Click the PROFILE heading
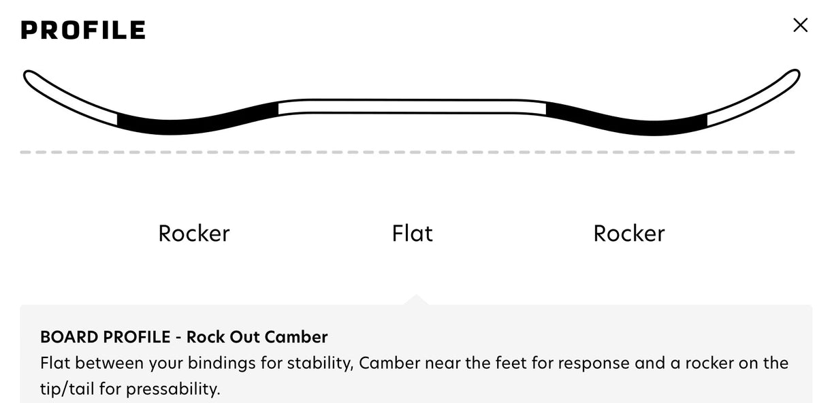point(83,29)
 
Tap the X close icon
point(800,25)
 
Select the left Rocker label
point(194,233)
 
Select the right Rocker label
point(629,233)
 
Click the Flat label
point(412,233)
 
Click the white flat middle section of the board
point(412,107)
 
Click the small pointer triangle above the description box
point(416,300)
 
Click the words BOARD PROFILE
point(106,337)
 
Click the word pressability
point(173,389)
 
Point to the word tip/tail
point(67,389)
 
